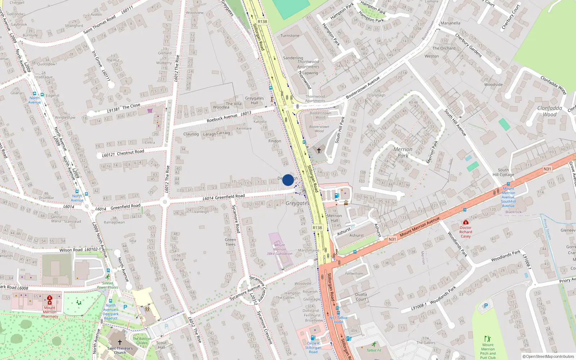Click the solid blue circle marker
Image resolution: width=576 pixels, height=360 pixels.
pos(288,180)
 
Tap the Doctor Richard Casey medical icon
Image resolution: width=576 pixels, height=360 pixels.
pos(466,222)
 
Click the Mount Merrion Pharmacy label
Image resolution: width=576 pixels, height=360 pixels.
pos(50,312)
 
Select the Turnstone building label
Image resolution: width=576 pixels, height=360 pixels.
pos(290,36)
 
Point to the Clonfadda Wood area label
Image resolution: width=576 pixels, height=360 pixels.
pos(549,111)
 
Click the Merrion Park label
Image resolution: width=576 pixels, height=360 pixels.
pos(403,152)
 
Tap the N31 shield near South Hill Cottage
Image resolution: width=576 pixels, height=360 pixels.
pos(547,169)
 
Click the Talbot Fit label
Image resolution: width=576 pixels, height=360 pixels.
pos(374,350)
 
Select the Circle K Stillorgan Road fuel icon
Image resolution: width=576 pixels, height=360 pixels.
pos(313,338)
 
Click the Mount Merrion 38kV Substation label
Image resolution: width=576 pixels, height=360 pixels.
pos(279,249)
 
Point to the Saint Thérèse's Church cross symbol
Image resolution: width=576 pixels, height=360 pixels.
pos(120,342)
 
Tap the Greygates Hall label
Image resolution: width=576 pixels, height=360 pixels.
pos(255,100)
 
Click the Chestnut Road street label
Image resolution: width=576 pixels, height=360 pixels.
pos(130,152)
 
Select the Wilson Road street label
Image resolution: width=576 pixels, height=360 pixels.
pos(71,250)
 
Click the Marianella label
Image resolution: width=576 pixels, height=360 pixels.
pos(450,23)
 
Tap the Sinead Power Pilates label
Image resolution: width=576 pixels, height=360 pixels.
pos(107,285)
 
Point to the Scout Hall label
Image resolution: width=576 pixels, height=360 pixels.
pos(161,345)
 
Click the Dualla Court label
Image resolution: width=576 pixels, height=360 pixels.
pos(361,297)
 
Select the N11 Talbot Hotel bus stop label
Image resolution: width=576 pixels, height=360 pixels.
pos(338,320)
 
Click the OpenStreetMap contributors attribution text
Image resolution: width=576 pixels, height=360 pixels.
pos(548,356)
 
